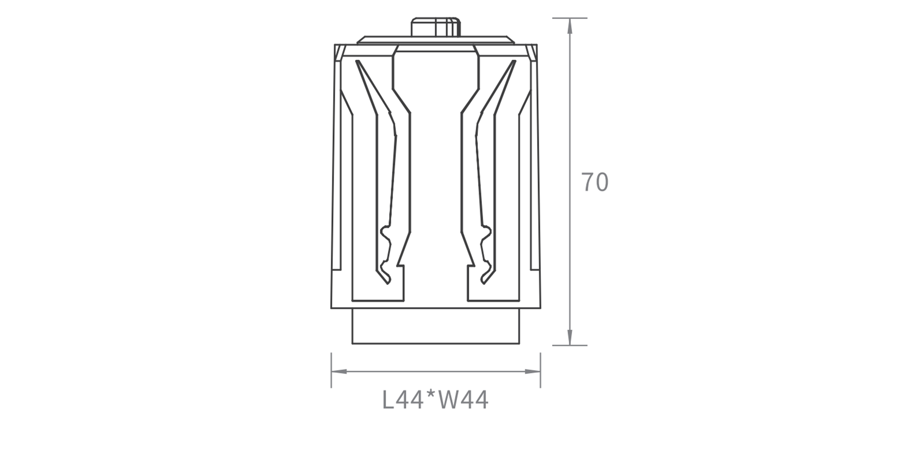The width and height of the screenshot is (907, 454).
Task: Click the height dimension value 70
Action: point(595,182)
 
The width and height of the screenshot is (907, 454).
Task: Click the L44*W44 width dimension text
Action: point(435,400)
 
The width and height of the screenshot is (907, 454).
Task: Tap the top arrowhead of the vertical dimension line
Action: point(570,26)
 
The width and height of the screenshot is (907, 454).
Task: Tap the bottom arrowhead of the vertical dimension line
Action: point(570,337)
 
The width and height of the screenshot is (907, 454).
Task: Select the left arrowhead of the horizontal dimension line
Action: point(339,372)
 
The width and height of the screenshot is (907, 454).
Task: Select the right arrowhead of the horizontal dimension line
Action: point(533,372)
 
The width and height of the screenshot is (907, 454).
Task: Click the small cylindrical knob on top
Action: point(436,27)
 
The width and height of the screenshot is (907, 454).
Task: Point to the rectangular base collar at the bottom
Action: point(436,326)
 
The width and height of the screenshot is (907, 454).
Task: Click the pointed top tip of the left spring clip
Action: point(357,61)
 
